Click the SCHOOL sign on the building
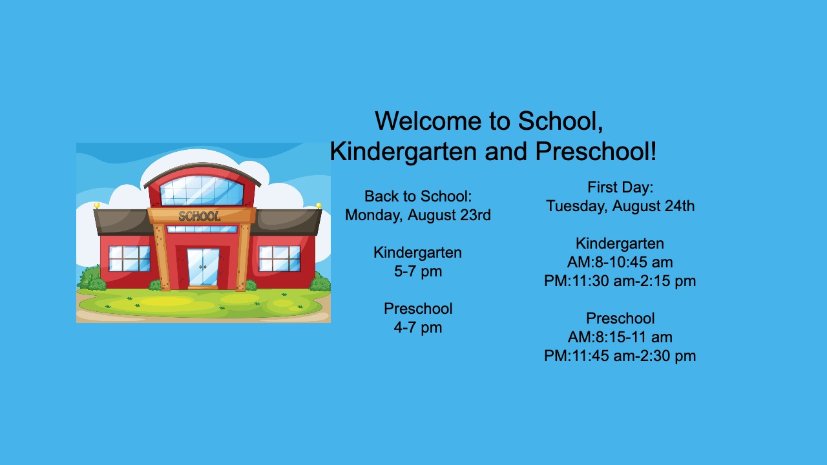(200, 216)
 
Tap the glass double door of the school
(203, 267)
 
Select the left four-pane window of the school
(130, 258)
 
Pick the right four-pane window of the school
(280, 258)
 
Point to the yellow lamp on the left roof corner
(97, 205)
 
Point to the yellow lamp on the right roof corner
(319, 205)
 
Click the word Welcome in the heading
(428, 121)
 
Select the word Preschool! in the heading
(596, 152)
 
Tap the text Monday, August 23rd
(418, 215)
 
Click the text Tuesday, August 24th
(620, 206)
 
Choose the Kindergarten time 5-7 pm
(418, 272)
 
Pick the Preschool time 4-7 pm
(418, 327)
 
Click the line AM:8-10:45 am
(620, 262)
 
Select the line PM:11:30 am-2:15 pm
(620, 281)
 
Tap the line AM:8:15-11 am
(620, 337)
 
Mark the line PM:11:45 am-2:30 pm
(620, 356)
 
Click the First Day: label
(620, 187)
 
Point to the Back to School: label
(418, 196)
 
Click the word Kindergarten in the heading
(403, 152)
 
